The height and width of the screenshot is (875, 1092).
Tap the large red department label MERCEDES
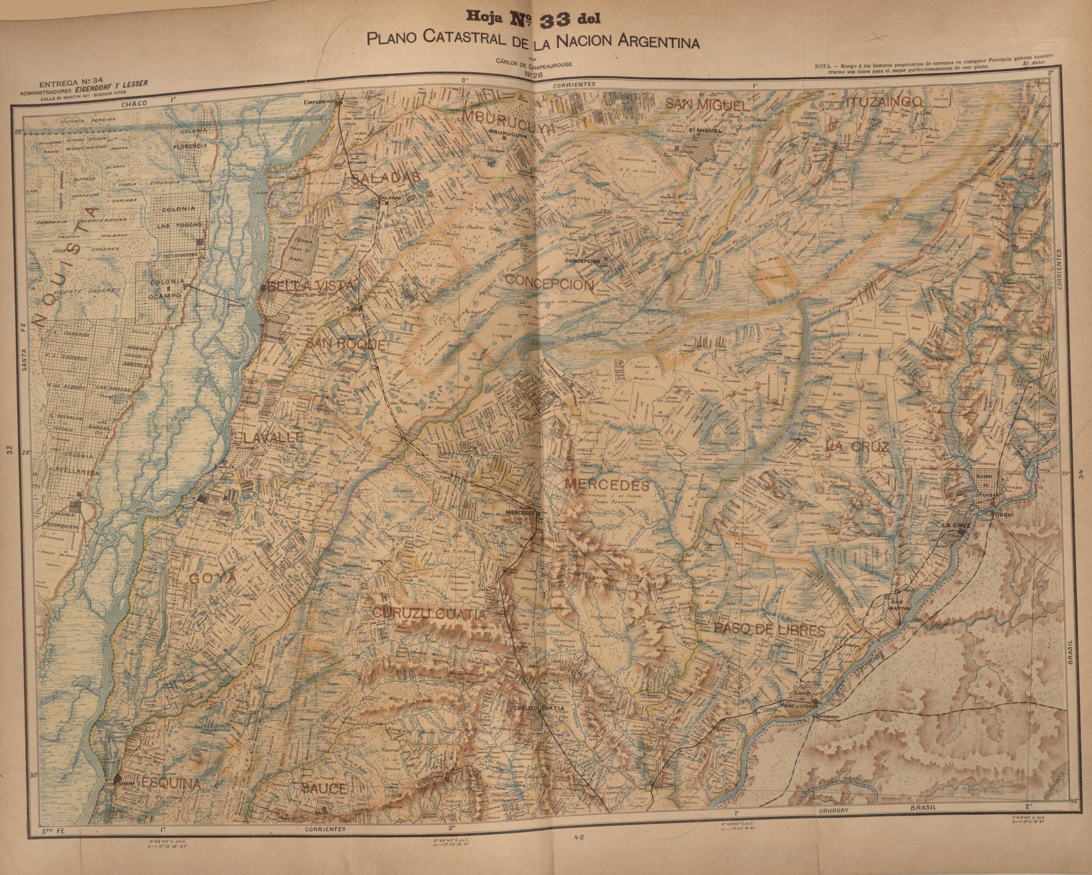point(606,485)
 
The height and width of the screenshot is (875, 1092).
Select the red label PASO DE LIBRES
point(769,630)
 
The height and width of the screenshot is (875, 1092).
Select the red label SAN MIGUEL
point(706,105)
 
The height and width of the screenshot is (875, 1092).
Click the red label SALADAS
point(385,178)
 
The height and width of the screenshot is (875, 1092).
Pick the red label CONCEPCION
point(549,284)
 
